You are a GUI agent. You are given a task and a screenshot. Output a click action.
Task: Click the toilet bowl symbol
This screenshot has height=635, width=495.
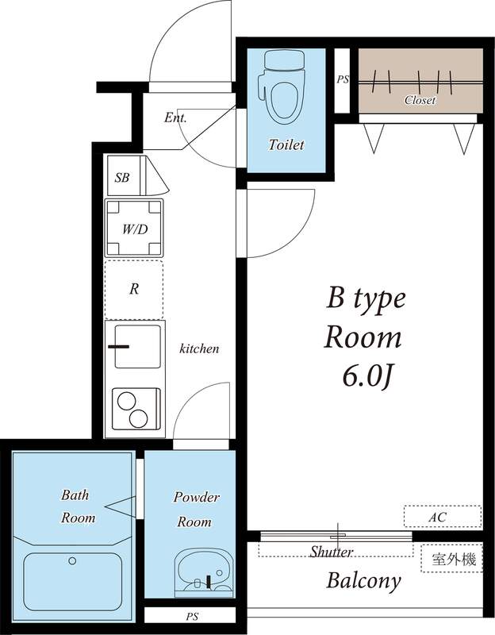tap(284, 102)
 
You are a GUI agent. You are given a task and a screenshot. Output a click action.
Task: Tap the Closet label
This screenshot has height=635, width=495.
tap(420, 100)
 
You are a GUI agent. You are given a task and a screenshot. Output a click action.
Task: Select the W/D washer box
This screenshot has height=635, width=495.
tap(134, 229)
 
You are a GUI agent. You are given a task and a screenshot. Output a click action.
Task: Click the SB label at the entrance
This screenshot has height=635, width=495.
tap(121, 177)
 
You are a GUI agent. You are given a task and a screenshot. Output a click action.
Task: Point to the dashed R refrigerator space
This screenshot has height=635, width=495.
tap(134, 290)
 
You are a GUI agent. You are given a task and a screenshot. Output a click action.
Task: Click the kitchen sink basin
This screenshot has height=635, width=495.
tap(137, 347)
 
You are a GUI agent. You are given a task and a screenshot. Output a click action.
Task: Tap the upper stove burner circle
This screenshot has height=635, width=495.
tap(126, 402)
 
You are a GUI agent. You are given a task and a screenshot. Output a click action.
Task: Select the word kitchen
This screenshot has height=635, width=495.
tap(199, 348)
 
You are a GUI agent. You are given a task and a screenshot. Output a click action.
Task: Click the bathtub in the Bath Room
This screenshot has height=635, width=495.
tap(73, 582)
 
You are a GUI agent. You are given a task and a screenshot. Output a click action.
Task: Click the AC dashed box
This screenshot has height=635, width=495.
tap(443, 517)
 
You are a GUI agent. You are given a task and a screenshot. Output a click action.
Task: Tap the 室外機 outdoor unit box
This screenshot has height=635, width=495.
tap(452, 559)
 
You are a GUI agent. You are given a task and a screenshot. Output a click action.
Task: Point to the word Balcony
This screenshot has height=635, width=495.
tap(363, 581)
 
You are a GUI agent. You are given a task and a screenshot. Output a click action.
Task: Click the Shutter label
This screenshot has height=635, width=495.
tap(332, 551)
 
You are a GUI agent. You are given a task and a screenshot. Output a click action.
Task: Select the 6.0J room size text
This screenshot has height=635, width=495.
tap(368, 376)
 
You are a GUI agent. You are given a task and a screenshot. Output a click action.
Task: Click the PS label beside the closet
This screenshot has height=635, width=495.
tap(343, 79)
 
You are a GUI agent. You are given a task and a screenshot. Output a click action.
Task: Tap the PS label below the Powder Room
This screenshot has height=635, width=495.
tap(192, 617)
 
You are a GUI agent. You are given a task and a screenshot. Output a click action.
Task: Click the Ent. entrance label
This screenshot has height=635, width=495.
tap(175, 117)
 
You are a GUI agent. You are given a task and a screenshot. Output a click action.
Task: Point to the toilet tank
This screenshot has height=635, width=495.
tap(284, 60)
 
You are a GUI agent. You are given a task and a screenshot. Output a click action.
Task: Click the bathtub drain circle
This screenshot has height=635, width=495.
tap(72, 561)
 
